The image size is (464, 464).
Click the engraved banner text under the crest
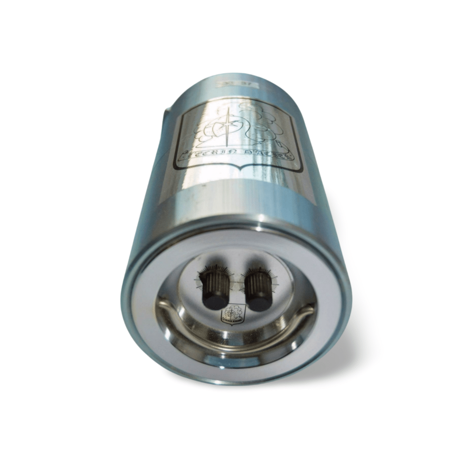[x=236, y=156]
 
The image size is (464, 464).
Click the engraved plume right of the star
[x=261, y=120]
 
